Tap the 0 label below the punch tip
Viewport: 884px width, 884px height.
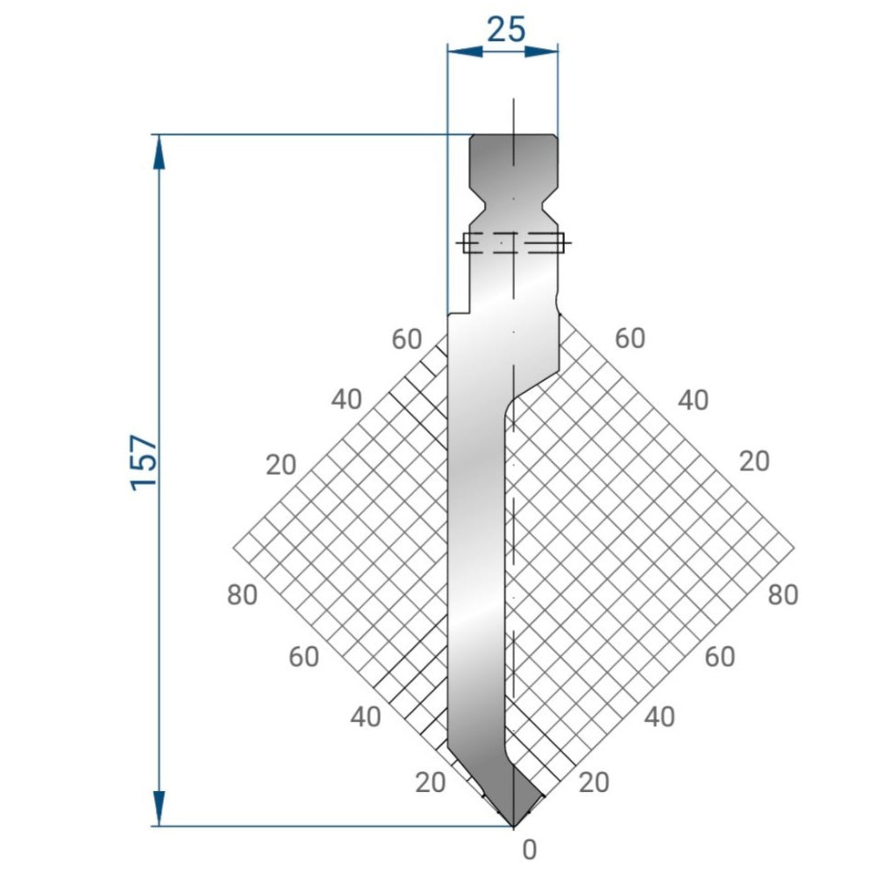[x=529, y=850]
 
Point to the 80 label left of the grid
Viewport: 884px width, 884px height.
[x=242, y=595]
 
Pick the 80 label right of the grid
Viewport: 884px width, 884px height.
[x=783, y=595]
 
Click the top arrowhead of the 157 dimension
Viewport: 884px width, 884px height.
[x=159, y=150]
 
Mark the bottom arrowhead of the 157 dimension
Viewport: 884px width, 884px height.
[x=159, y=810]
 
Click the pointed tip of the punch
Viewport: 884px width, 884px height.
[x=514, y=826]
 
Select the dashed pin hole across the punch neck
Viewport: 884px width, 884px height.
[x=514, y=243]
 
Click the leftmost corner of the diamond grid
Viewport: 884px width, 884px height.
[x=234, y=548]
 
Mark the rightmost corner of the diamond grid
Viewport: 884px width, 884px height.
[x=794, y=548]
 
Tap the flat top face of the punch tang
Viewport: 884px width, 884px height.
[x=514, y=137]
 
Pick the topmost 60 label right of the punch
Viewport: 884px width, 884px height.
[x=630, y=338]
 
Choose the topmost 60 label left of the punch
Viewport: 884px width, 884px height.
[x=406, y=339]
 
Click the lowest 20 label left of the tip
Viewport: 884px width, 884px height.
[x=430, y=782]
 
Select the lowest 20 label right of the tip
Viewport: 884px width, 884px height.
[x=594, y=782]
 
